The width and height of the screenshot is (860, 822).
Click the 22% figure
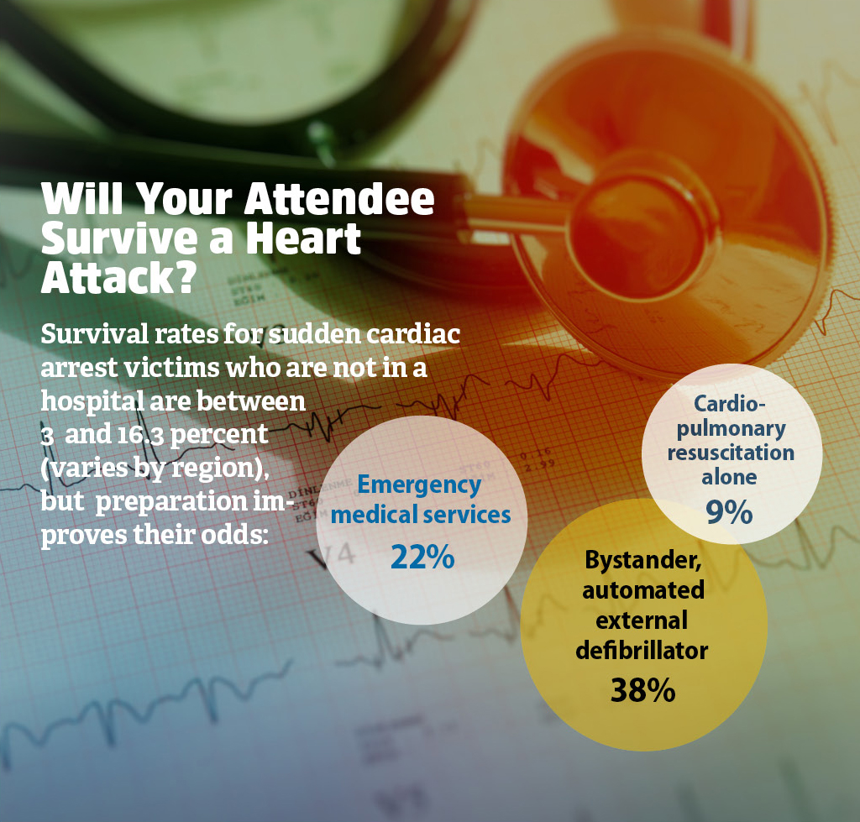pos(422,558)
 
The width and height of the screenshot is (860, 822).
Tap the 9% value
pos(729,512)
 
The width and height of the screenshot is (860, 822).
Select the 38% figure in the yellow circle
pos(642,690)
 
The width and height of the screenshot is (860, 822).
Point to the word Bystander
pos(642,560)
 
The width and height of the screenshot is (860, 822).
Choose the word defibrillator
pos(642,651)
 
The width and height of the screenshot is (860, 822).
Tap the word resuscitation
pos(731,453)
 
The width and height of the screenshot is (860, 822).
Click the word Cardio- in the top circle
pos(729,404)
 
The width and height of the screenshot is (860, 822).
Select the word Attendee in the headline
pos(339,198)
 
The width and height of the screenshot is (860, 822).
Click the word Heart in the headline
pos(302,238)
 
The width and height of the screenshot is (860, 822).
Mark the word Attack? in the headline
pos(118,277)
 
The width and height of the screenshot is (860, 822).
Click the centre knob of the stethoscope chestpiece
pos(637,230)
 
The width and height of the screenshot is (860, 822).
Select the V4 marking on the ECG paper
pos(333,556)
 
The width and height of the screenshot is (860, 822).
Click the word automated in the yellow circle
pos(642,590)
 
